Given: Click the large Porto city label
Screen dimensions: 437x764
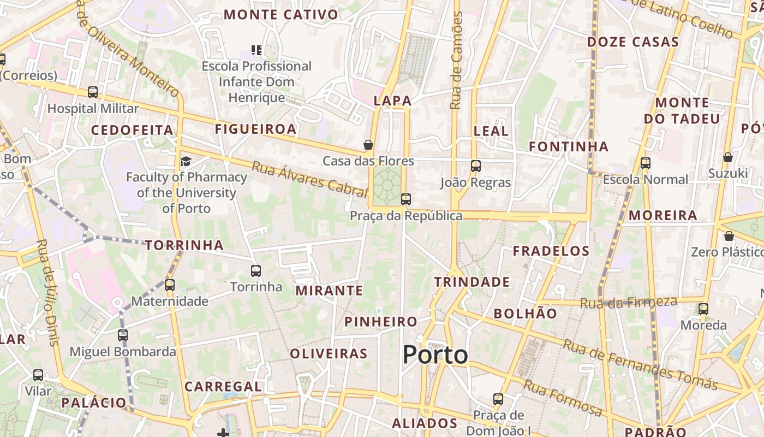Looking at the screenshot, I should (x=435, y=355).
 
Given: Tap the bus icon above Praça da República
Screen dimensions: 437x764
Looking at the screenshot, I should (x=405, y=199).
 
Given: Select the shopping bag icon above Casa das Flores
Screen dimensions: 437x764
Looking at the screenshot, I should (x=368, y=145).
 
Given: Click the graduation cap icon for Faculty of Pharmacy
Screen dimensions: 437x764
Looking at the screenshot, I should (x=186, y=161).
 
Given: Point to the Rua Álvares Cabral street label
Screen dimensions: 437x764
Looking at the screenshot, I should (x=309, y=179).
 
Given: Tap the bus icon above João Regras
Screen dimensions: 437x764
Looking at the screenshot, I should (x=476, y=166).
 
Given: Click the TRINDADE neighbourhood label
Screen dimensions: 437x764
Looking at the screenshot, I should (x=472, y=282).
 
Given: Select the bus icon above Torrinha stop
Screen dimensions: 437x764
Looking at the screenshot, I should (x=255, y=270).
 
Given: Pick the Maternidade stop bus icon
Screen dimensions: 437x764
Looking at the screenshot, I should (x=170, y=285).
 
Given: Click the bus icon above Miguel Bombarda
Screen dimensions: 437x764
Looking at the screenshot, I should (x=123, y=335).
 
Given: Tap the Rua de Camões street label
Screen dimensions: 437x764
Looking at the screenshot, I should (x=457, y=60).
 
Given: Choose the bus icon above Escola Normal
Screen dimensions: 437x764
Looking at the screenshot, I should (x=646, y=163).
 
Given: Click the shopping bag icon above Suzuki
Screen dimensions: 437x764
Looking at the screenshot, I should (x=727, y=157).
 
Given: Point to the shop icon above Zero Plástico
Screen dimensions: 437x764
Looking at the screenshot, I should (x=729, y=236).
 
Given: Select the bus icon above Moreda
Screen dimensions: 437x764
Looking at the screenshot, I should (x=703, y=309).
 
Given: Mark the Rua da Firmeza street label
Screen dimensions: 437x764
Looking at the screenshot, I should (x=628, y=302).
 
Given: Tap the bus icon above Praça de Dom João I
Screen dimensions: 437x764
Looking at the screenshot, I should (x=498, y=399).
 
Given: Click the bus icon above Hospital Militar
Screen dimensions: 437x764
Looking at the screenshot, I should (x=93, y=92).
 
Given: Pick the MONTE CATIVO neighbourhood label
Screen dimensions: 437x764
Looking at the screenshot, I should (x=281, y=15).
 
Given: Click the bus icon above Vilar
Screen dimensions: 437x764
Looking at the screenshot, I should (x=38, y=375).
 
